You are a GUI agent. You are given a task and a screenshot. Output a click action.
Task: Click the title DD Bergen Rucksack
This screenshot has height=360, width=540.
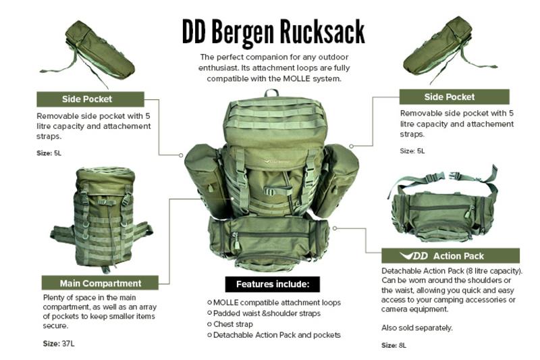(273, 32)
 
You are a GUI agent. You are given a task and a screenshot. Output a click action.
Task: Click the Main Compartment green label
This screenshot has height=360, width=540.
(100, 283)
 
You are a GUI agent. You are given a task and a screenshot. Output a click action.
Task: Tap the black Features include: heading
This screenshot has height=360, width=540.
(273, 284)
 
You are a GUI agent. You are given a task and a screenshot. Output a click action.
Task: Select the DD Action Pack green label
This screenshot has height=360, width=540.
(450, 255)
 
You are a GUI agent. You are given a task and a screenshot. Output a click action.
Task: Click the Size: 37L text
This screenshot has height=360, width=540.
(59, 344)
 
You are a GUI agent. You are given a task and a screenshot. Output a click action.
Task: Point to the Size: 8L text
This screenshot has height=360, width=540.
(394, 345)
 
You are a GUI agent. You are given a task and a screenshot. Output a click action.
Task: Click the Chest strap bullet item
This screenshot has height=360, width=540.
(230, 324)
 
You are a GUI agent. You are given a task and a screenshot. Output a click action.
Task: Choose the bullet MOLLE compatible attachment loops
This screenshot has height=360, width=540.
(274, 303)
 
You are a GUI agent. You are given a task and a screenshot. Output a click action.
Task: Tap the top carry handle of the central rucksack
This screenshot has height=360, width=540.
(271, 93)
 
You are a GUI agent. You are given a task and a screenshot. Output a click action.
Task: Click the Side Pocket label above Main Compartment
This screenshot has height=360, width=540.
(90, 99)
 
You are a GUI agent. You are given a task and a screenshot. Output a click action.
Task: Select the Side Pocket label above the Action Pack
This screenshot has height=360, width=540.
(454, 97)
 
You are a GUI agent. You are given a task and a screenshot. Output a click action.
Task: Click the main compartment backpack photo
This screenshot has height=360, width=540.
(102, 219)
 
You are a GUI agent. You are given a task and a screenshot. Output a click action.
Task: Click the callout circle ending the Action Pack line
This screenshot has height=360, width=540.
(335, 228)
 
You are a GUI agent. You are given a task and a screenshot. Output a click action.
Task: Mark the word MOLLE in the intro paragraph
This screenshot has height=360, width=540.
(296, 78)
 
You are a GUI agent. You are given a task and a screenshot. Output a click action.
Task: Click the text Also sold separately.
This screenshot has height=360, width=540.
(416, 328)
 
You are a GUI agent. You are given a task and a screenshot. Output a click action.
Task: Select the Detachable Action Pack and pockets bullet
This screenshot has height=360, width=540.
(274, 335)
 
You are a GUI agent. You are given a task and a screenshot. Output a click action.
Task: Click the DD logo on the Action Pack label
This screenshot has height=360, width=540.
(414, 255)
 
